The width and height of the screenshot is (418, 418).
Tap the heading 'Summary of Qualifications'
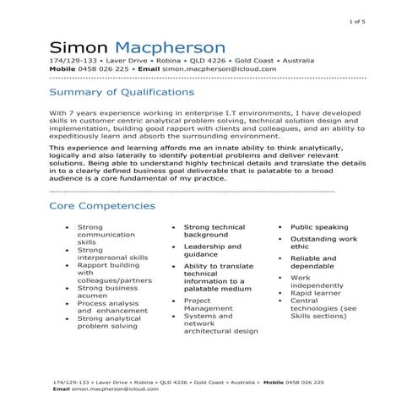coord(122,92)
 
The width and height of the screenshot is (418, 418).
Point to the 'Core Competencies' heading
coord(102,205)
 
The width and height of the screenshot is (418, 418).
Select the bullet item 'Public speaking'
coord(319,227)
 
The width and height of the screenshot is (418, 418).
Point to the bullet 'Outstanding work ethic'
coord(323,243)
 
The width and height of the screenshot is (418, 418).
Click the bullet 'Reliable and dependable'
coord(313,263)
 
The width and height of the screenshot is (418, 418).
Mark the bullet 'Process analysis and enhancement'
coord(107,307)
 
